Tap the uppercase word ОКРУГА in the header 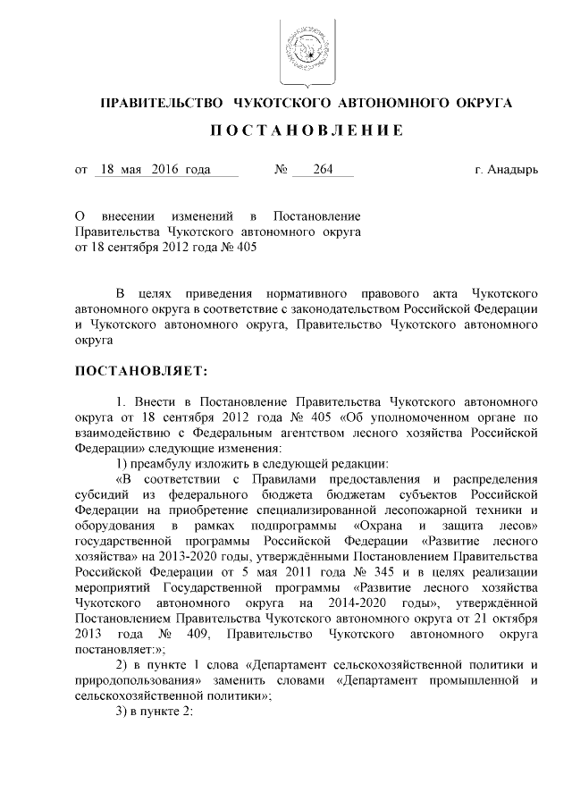click(479, 104)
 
